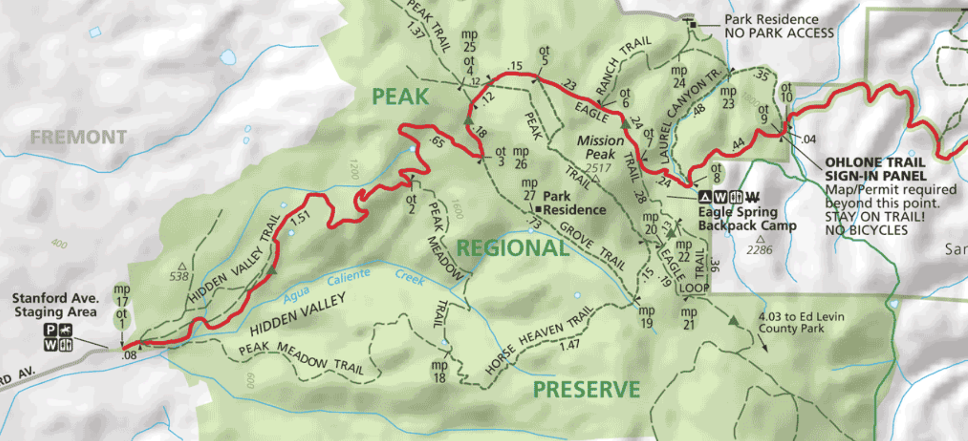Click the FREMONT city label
click(79, 138)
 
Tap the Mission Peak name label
click(600, 147)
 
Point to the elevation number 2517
click(598, 168)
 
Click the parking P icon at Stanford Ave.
click(50, 330)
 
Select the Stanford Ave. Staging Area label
click(56, 305)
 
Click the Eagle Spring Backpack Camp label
click(747, 219)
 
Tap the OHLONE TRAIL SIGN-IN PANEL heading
click(875, 169)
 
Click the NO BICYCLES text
click(866, 230)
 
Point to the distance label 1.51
click(300, 218)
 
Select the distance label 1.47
click(570, 345)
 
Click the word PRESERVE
click(586, 389)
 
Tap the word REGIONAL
click(513, 248)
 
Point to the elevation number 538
click(179, 276)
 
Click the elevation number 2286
click(759, 250)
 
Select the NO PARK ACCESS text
click(779, 33)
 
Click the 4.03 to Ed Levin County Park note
click(801, 322)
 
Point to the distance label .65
click(437, 142)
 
